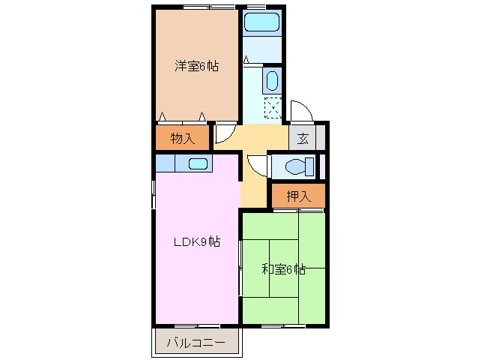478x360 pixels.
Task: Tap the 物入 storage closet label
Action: (182, 138)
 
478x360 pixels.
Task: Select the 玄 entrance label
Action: (303, 138)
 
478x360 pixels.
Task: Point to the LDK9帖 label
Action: (197, 241)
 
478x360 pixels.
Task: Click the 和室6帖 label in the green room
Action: (283, 269)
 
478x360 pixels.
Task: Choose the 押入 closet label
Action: (298, 196)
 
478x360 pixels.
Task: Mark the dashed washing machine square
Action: (273, 109)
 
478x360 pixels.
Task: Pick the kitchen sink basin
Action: (198, 164)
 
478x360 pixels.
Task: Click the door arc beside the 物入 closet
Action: (223, 133)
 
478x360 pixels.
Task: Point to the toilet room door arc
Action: (257, 164)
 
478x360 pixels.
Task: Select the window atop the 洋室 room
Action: (198, 7)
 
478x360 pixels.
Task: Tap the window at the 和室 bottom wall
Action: (283, 326)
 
